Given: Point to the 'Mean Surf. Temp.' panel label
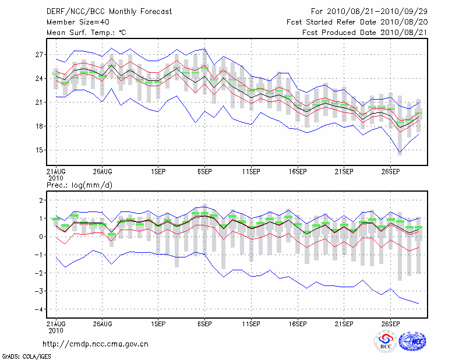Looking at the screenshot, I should coord(86,33).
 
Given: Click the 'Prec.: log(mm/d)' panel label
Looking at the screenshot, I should coord(79,185).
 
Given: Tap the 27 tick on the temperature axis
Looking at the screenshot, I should coord(40,55).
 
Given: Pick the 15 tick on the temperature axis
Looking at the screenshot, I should coord(40,150).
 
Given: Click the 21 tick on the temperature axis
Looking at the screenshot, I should coord(40,103).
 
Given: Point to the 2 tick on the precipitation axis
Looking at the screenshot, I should coord(41,200).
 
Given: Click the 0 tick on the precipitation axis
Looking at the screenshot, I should coord(41,237).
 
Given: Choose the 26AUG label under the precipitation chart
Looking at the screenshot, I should coord(102,323).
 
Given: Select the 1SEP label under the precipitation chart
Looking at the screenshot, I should coord(158,323).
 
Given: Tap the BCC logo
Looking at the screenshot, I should coord(385,342).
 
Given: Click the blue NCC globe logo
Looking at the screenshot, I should coord(412,342).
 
